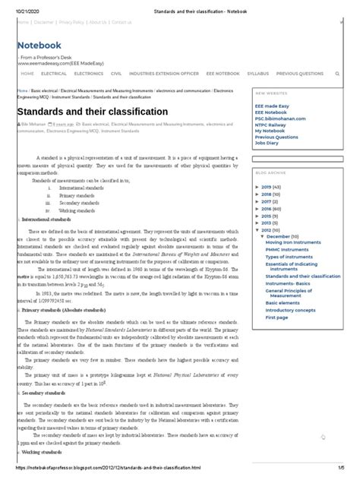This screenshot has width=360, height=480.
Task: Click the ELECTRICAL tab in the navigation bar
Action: (x=55, y=74)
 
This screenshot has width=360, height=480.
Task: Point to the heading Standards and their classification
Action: (x=92, y=112)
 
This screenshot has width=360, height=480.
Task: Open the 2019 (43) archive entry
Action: (x=272, y=186)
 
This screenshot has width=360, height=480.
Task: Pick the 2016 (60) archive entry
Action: (x=272, y=207)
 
